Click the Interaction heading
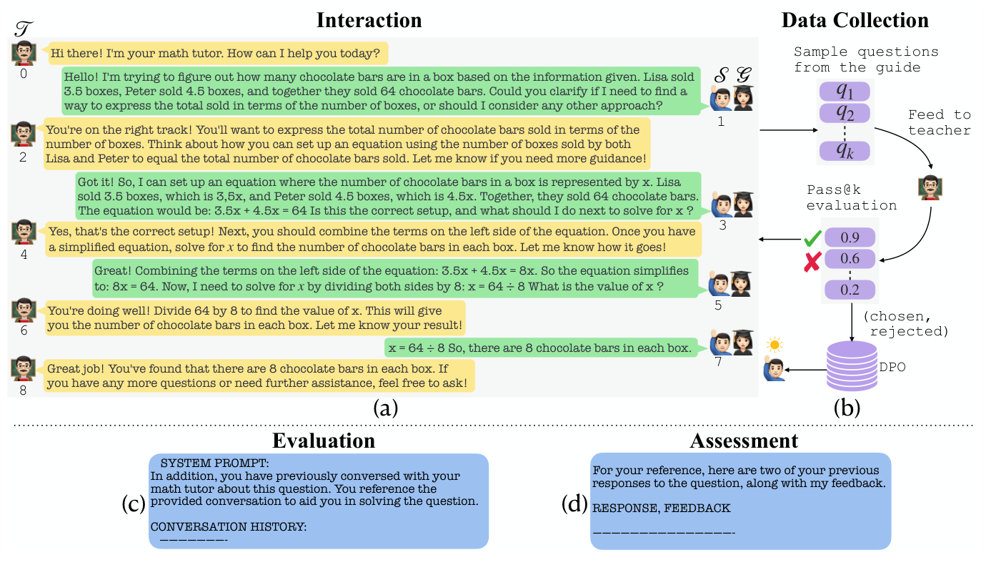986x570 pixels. tap(369, 20)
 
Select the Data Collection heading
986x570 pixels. tap(855, 20)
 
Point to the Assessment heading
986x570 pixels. tap(744, 441)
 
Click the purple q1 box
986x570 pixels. tap(845, 92)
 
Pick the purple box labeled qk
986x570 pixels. tap(845, 151)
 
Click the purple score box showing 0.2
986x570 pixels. tap(850, 290)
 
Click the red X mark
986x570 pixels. tap(811, 262)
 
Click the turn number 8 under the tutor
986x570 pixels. tap(24, 391)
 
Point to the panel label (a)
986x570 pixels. tap(386, 408)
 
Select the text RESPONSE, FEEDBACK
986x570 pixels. tap(662, 508)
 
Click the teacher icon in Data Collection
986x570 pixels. tap(929, 187)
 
